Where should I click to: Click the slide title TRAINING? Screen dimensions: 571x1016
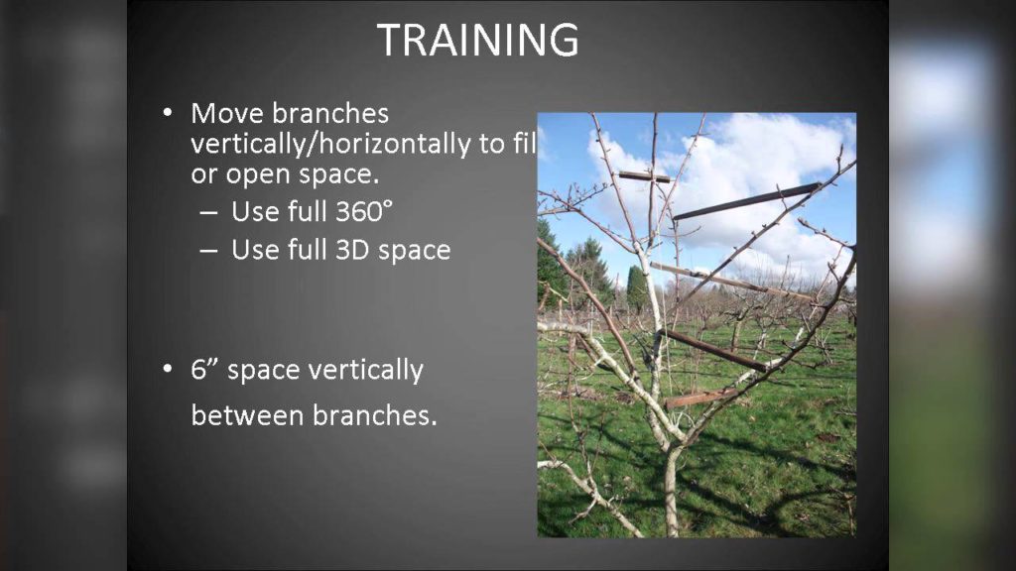477,41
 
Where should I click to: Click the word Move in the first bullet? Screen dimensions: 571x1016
229,114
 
